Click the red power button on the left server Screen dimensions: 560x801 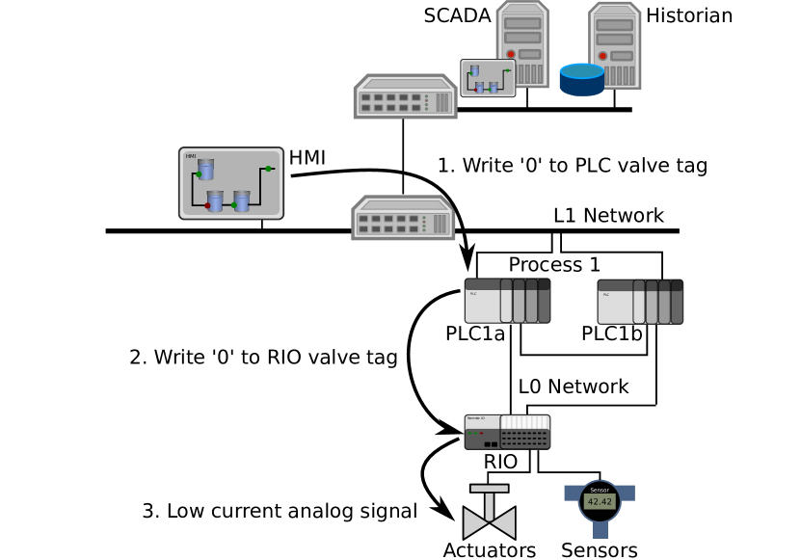pos(511,54)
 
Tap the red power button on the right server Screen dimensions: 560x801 pos(602,56)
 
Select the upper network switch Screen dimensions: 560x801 pos(405,96)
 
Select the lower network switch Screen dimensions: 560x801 pos(403,218)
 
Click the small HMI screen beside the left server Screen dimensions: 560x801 pos(488,78)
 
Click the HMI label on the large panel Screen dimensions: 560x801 pos(191,156)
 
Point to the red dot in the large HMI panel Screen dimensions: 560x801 pos(207,205)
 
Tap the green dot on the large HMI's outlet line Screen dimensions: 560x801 pos(268,169)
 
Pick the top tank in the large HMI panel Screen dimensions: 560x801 pos(205,169)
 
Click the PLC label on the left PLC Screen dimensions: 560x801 pos(473,293)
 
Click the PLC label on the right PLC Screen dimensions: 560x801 pos(606,294)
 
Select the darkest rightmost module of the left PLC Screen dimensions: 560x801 pos(545,301)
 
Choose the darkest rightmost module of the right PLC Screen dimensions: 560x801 pos(677,302)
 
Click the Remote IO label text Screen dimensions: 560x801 pos(476,418)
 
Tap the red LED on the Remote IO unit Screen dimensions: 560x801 pos(481,433)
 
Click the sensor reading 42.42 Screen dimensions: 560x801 pos(600,502)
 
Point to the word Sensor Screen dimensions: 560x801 pos(600,490)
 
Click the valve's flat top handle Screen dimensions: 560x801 pos(489,489)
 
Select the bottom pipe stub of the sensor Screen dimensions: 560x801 pos(600,530)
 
